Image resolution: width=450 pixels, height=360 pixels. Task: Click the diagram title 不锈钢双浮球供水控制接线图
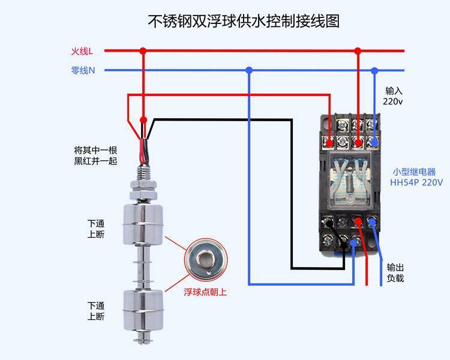click(x=244, y=22)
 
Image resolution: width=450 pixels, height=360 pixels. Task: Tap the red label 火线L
click(x=82, y=52)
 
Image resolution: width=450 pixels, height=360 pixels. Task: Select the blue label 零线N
click(x=83, y=70)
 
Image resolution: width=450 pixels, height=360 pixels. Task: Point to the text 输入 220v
click(x=394, y=96)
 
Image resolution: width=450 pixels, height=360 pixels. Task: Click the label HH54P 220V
click(x=416, y=182)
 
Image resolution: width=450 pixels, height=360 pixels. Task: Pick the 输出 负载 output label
click(x=395, y=273)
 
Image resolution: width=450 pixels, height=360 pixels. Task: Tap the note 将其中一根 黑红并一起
click(x=95, y=155)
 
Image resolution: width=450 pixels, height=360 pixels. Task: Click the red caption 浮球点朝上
click(x=205, y=293)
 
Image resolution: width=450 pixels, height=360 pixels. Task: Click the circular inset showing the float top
click(x=205, y=259)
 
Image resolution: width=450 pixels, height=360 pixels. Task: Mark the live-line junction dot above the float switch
click(x=143, y=51)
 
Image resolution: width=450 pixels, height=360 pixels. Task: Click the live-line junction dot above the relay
click(x=358, y=51)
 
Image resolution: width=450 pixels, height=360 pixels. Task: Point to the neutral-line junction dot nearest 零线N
click(x=250, y=70)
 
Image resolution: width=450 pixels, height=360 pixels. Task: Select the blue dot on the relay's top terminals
click(x=375, y=143)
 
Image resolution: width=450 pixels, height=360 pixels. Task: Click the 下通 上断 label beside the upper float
click(x=95, y=229)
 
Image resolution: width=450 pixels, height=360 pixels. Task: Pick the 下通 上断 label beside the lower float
click(x=95, y=311)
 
